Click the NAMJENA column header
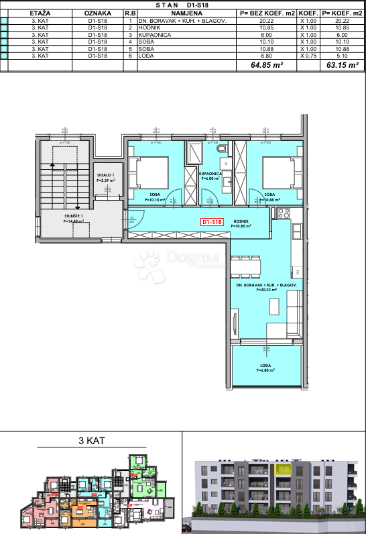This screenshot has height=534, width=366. pos(186,13)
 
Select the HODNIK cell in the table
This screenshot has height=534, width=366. pos(149,27)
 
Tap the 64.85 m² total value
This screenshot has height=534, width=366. pos(265,66)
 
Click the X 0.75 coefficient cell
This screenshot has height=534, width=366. pos(308,56)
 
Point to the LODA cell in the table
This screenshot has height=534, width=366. pos(146,56)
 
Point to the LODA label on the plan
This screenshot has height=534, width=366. pos(265,366)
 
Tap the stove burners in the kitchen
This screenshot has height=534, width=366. pos(282,214)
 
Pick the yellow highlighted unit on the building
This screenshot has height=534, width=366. pos(286,470)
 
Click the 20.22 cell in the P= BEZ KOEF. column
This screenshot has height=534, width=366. pos(265,21)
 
